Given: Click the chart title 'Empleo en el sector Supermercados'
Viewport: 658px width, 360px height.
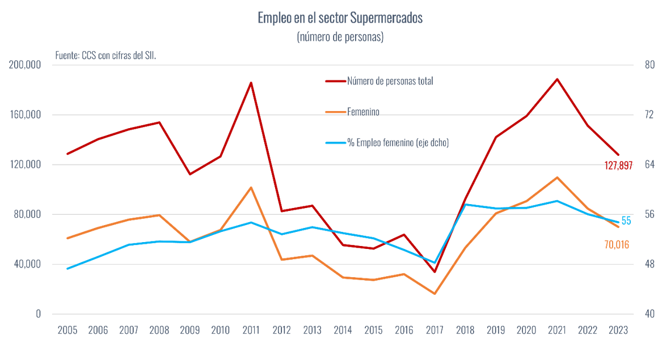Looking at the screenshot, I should (340, 18).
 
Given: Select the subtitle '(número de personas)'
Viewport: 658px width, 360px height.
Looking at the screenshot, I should (340, 37).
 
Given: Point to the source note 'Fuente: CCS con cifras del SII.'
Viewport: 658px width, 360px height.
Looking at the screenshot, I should (106, 56).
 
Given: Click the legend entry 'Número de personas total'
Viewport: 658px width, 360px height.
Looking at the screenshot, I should (390, 81).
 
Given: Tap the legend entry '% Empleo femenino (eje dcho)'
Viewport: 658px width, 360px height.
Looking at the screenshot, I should (398, 143).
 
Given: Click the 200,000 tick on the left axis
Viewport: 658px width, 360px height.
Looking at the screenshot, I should (26, 65).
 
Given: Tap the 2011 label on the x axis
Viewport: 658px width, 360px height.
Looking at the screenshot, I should (251, 331).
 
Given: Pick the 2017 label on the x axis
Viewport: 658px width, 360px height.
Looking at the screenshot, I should (435, 331).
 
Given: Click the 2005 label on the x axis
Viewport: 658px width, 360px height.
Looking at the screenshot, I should (68, 331).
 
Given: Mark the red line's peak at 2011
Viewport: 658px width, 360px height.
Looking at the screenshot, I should (251, 83).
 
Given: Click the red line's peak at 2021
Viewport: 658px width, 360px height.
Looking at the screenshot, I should (557, 79).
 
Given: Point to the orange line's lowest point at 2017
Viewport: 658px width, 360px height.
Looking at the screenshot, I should (435, 294).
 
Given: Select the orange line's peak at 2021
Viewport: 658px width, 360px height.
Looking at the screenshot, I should (557, 177).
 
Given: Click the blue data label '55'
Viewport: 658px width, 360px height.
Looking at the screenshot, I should (626, 221).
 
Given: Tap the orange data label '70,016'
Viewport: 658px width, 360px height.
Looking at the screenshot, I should (617, 245).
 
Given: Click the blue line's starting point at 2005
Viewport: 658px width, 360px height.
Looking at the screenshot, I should (68, 269).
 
